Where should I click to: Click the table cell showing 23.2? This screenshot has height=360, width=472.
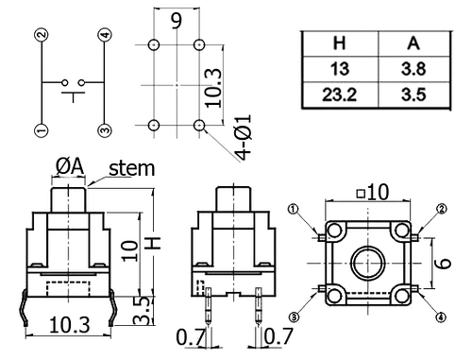pos(340,94)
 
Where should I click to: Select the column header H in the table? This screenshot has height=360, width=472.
pos(339,43)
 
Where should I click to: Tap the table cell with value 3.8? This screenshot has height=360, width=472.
pos(413,69)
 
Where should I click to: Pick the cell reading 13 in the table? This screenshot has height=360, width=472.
pos(340,69)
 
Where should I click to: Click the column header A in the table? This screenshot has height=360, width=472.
pos(413,43)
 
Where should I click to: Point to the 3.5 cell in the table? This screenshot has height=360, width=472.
pos(413,94)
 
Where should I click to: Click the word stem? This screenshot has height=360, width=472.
pos(132,168)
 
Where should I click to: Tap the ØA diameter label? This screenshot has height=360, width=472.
pos(70,166)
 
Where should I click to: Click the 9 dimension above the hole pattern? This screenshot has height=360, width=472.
pos(177,21)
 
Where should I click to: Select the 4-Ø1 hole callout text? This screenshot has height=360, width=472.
pos(244,137)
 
